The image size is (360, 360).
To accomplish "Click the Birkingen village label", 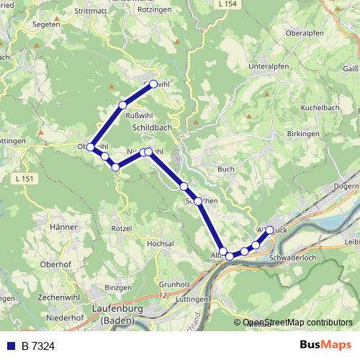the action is [302, 134].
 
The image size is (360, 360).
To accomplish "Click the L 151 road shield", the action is [24, 178].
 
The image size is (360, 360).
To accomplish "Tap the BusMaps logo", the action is [327, 345].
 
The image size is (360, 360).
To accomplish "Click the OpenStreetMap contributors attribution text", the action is [297, 323].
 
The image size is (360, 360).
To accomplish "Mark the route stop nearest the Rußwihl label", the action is [122, 106].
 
